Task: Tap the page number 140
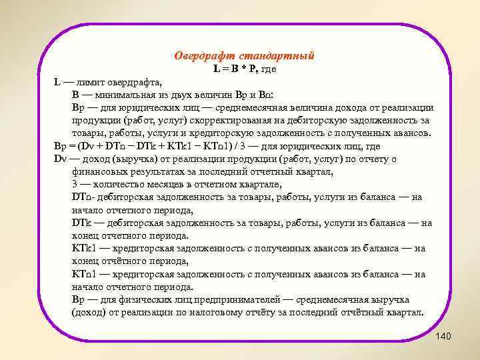click(443, 336)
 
